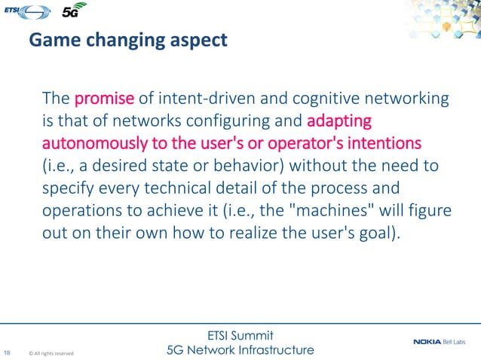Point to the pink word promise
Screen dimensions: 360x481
coord(104,99)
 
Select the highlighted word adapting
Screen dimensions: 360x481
coord(340,121)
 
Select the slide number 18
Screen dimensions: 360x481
coord(8,352)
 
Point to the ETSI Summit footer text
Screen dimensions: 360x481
coord(239,334)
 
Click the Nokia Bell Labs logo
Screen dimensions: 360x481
coord(443,343)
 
